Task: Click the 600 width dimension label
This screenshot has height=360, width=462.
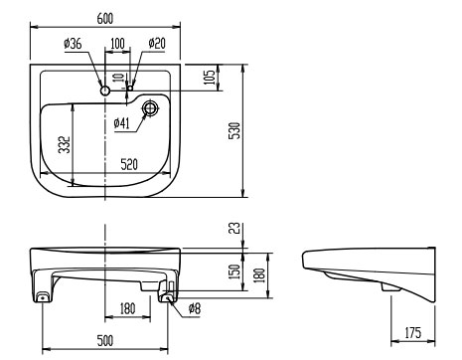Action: pyautogui.click(x=105, y=18)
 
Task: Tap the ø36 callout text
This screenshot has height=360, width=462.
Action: pyautogui.click(x=73, y=44)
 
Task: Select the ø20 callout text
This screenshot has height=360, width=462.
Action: pyautogui.click(x=157, y=43)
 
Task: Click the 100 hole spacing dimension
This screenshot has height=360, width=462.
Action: pyautogui.click(x=117, y=44)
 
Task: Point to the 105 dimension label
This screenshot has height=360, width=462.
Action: pyautogui.click(x=210, y=77)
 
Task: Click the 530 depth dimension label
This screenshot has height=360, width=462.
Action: pyautogui.click(x=234, y=130)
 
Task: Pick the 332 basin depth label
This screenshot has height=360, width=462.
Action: pyautogui.click(x=65, y=144)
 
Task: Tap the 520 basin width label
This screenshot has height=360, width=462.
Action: pyautogui.click(x=129, y=164)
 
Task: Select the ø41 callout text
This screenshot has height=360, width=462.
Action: pyautogui.click(x=121, y=123)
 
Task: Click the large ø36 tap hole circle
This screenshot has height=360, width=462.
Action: pyautogui.click(x=105, y=90)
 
